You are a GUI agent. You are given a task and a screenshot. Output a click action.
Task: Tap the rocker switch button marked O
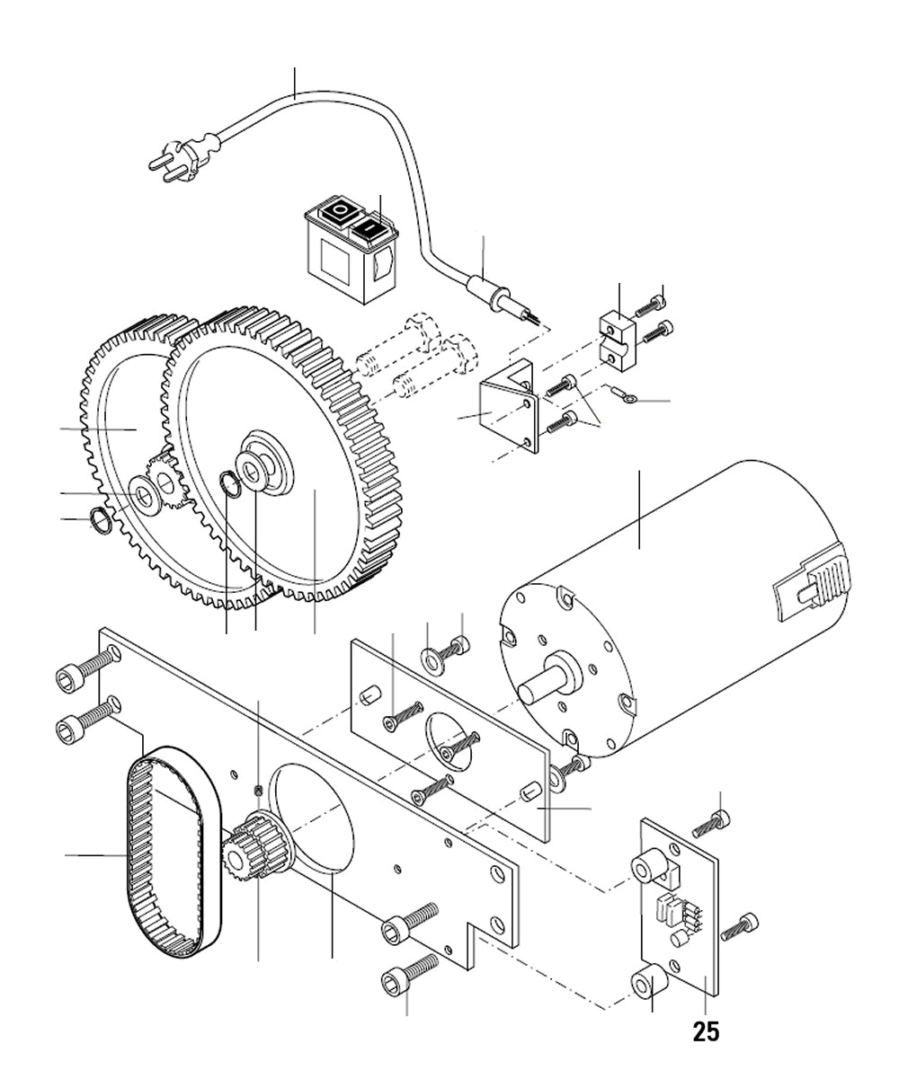[339, 212]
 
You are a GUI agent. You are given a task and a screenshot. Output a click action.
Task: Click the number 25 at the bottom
[706, 1032]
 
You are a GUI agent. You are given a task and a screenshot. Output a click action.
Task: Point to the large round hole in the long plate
[314, 818]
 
